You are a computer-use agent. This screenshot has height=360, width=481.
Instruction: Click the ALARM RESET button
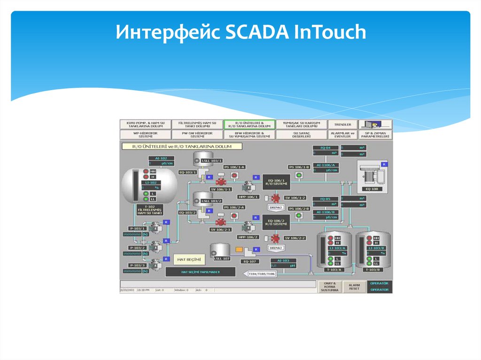point(354,287)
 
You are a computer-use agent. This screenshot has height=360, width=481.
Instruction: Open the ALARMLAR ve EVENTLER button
point(342,135)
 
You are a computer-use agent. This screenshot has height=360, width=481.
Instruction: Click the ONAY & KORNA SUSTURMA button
point(330,287)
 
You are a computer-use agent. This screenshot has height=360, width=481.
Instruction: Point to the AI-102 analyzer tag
point(158,158)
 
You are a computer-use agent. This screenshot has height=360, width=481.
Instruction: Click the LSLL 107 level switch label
point(221,259)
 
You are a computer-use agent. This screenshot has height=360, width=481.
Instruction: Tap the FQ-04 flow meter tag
point(326,147)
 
